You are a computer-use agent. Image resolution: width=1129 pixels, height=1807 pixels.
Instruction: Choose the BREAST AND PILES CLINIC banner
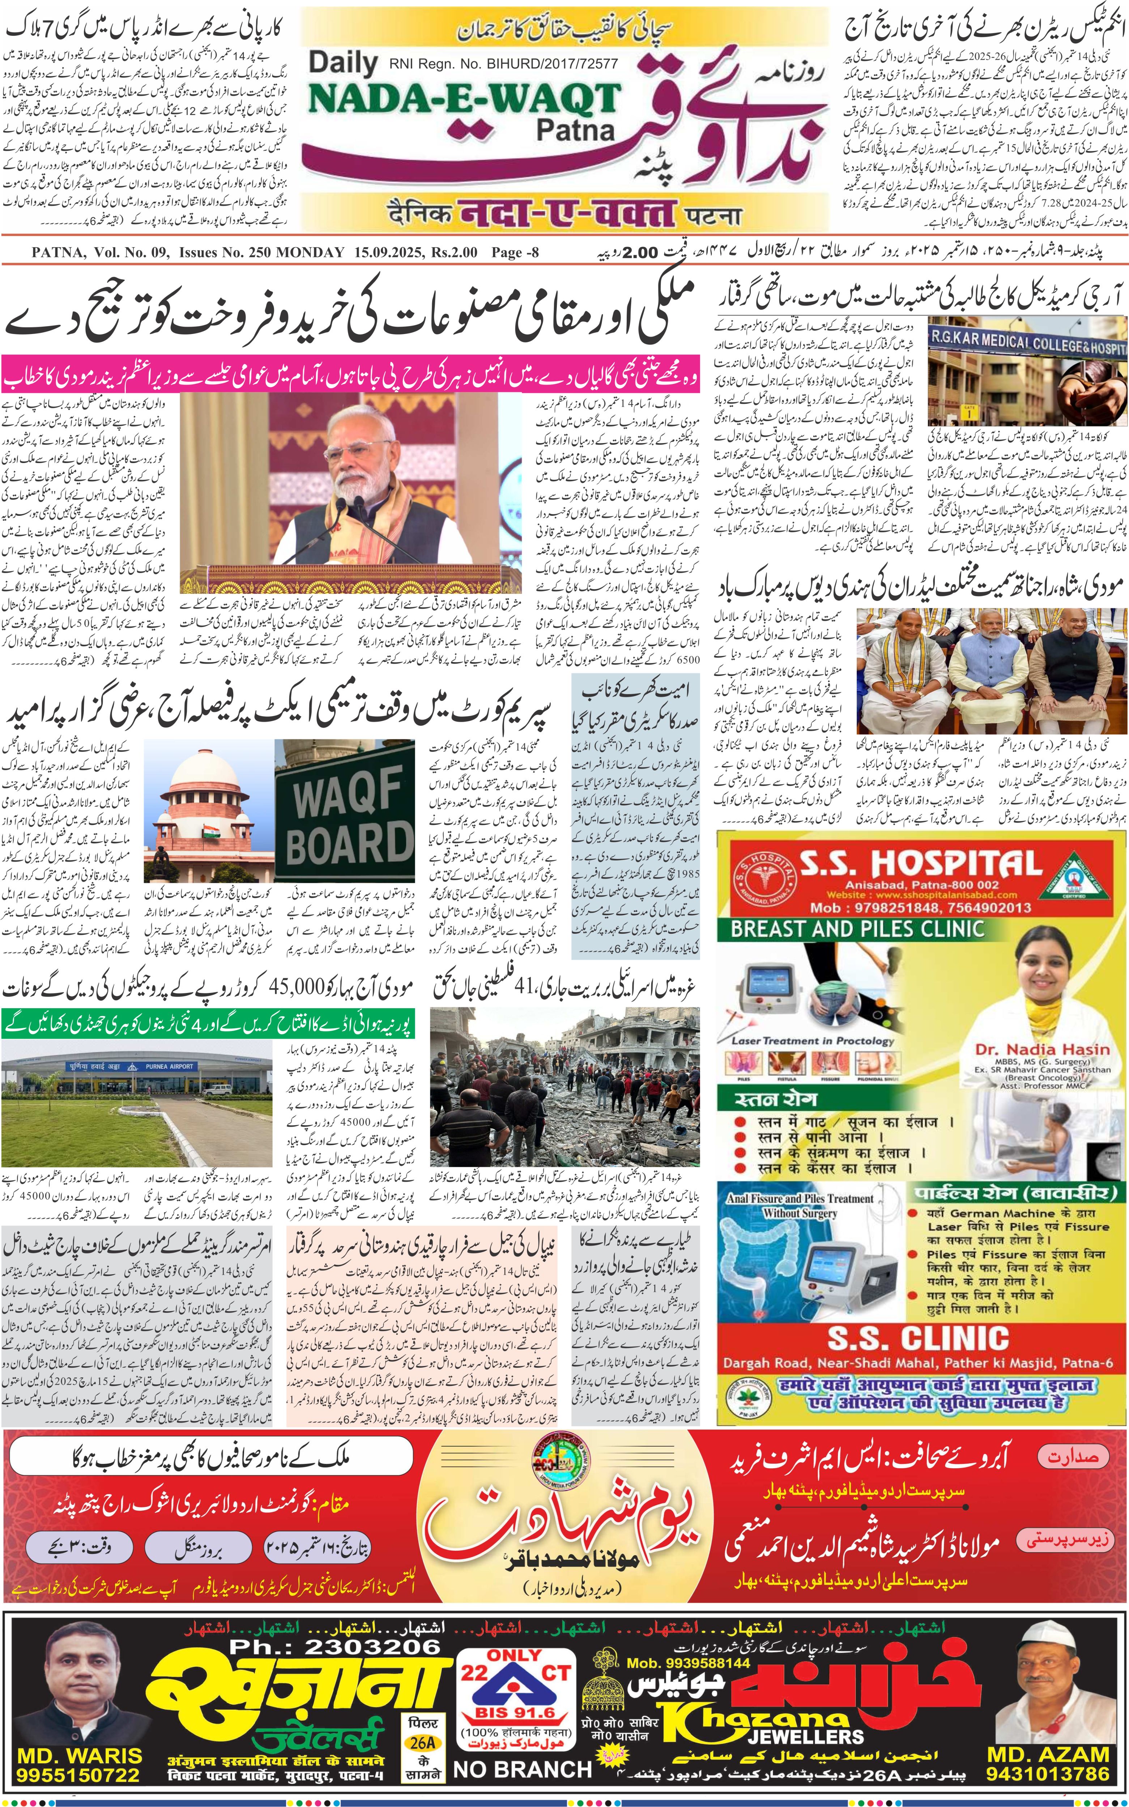coord(857,929)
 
